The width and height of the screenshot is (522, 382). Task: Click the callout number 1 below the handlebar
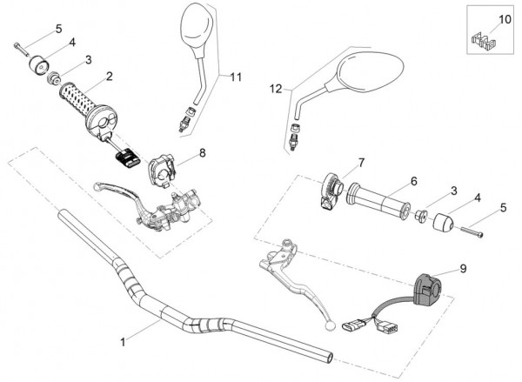[123, 341]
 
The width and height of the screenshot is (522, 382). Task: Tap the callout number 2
[109, 77]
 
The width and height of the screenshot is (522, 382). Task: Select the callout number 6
[414, 180]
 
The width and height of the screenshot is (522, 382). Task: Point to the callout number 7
[361, 162]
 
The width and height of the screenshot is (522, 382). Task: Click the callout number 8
[202, 152]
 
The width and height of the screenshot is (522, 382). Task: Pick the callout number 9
[463, 269]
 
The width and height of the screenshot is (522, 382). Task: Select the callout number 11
[235, 77]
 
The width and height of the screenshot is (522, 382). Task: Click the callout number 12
[276, 88]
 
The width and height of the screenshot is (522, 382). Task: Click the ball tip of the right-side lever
[330, 325]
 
